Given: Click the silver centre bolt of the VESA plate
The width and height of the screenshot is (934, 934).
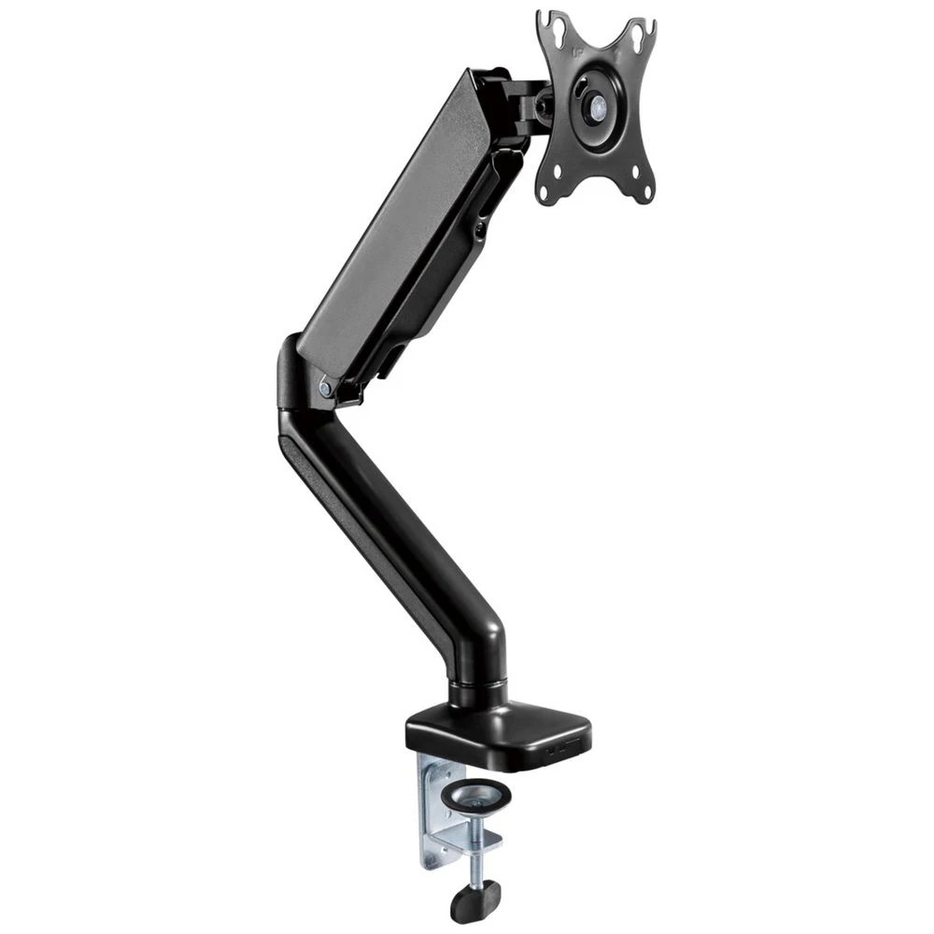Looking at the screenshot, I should coord(593,106).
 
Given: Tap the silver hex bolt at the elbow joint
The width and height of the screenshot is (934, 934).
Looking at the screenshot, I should coord(324,385).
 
